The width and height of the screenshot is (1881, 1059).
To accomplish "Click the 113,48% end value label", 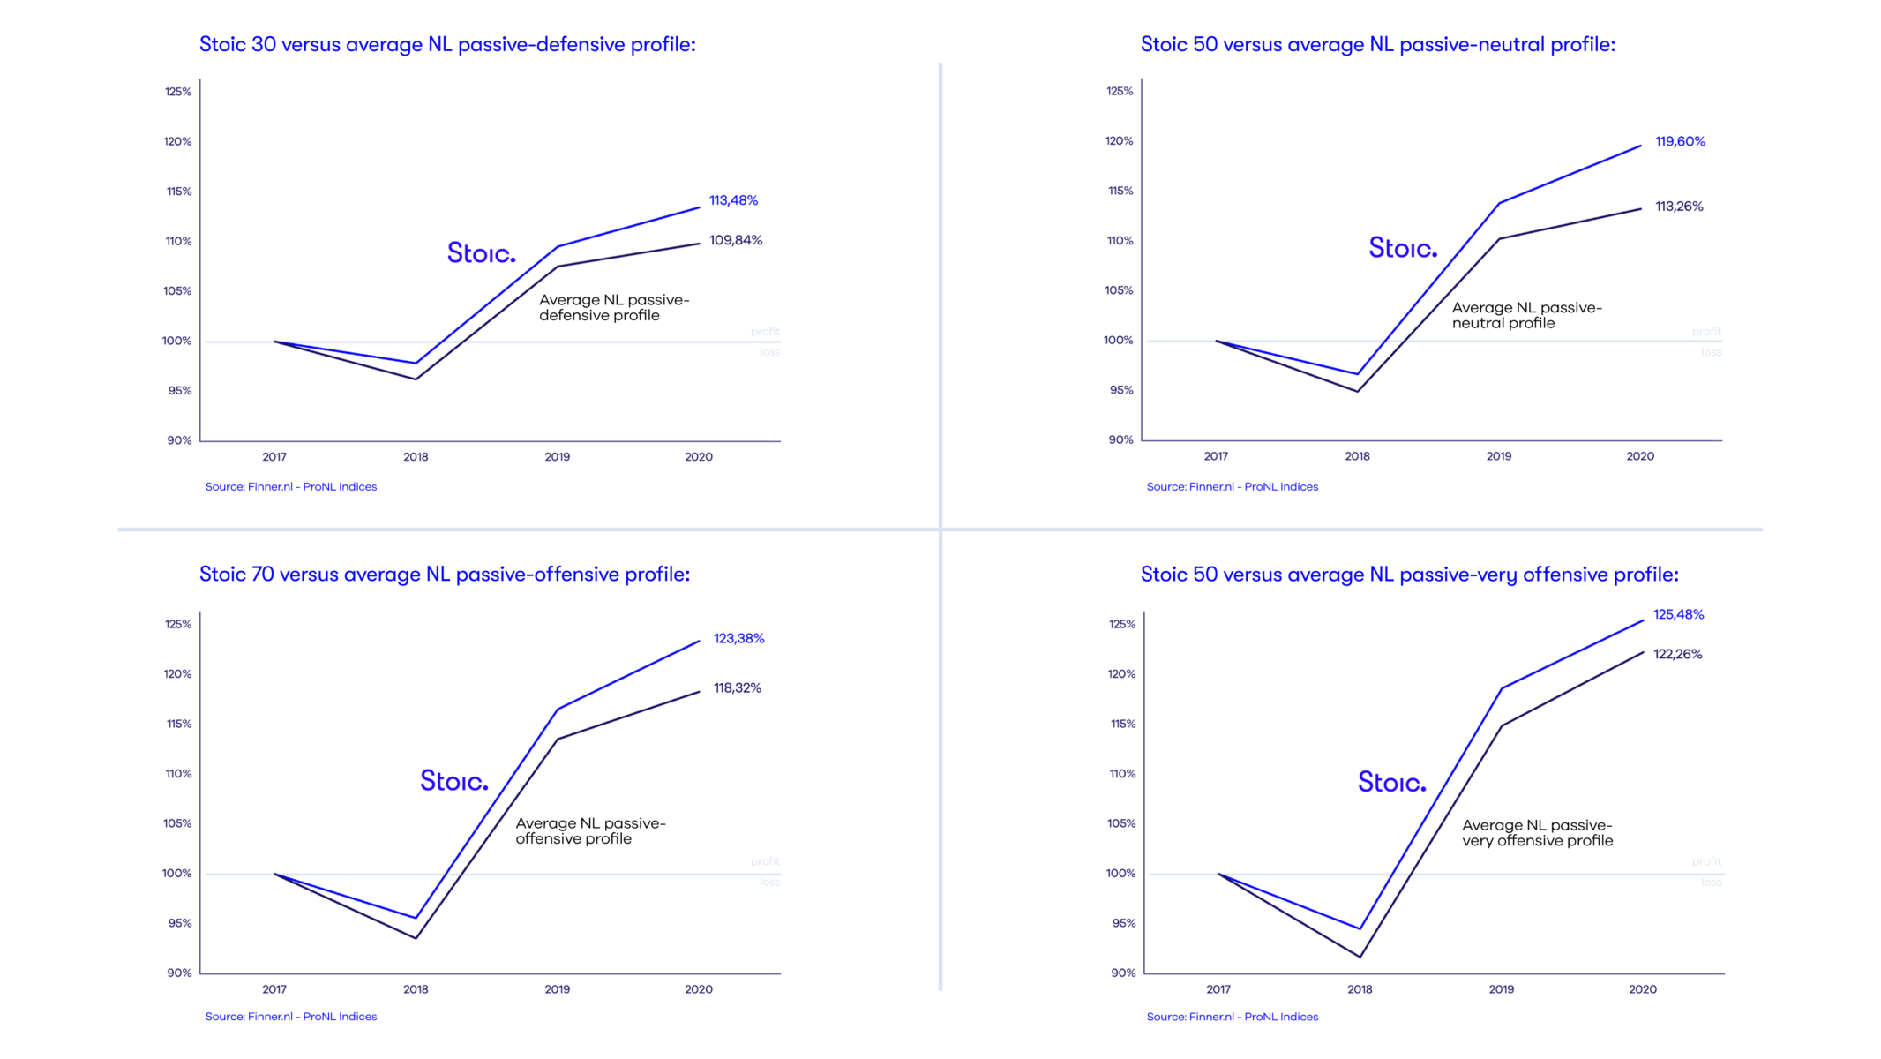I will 733,200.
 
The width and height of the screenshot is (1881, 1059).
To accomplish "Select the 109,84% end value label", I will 736,240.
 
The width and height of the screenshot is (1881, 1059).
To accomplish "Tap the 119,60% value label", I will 1680,141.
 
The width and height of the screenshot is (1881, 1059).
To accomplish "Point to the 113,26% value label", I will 1679,207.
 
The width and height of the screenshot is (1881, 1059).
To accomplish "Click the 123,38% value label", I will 738,638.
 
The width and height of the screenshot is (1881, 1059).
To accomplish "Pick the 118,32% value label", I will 737,687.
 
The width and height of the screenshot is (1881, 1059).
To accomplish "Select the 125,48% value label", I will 1678,614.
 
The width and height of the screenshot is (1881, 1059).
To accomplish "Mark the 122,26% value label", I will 1677,654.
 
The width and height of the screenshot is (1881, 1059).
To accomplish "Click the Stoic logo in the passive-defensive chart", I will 481,253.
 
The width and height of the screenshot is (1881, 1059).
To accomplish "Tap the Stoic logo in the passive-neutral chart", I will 1402,248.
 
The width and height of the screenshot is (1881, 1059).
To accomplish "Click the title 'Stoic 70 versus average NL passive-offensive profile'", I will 445,575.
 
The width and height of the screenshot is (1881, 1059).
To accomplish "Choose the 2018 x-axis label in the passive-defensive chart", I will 416,457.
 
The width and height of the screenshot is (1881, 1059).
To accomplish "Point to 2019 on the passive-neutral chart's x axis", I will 1498,456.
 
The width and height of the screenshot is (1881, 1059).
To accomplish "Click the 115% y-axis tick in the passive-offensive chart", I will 179,724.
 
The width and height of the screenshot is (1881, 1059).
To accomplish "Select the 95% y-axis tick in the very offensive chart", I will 1123,923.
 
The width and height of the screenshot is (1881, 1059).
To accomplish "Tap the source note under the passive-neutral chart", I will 1232,487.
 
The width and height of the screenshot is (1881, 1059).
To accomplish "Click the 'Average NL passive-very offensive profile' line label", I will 1537,833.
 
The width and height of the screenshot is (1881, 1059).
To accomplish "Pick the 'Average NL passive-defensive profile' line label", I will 614,308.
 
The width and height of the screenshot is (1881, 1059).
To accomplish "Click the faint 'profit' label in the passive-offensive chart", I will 765,861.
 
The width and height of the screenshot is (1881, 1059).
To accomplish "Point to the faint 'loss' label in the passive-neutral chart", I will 1711,352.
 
